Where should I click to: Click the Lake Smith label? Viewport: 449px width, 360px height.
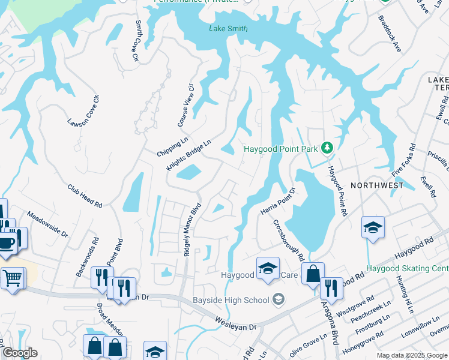click(x=228, y=29)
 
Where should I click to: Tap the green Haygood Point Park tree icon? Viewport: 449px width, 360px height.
click(x=327, y=147)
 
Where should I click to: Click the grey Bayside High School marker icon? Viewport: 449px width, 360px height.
click(x=278, y=298)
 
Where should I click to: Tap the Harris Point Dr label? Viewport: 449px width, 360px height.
click(x=278, y=202)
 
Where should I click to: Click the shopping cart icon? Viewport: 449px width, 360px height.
click(x=12, y=278)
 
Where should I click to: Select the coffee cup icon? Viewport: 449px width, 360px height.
click(x=7, y=244)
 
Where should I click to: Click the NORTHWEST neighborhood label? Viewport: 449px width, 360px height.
click(x=377, y=185)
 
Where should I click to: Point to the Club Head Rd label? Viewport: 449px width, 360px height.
click(x=85, y=196)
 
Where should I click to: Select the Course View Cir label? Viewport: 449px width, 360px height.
click(x=186, y=104)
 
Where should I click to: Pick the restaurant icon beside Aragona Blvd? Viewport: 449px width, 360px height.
click(x=331, y=288)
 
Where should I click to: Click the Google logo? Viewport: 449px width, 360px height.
click(x=19, y=353)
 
